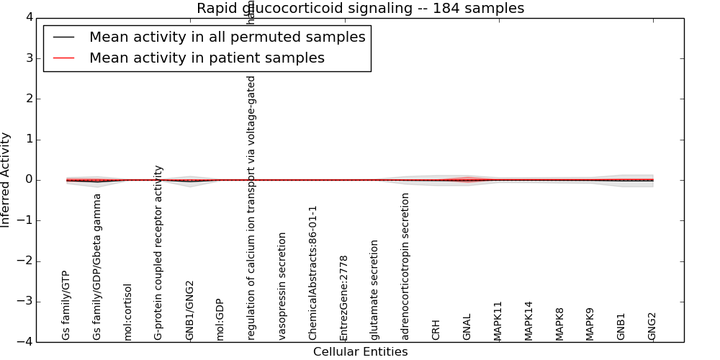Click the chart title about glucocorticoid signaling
coord(360,9)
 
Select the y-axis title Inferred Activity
coord(6,180)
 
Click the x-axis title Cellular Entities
coord(360,352)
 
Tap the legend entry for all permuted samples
coord(227,37)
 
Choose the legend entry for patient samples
coord(207,58)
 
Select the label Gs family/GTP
coord(66,305)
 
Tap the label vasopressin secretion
coord(282,286)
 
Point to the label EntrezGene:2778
coord(344,298)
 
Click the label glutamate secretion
coord(374,290)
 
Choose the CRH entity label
coord(436,330)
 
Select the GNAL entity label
coord(467,327)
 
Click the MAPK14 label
coord(528,320)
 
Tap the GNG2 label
coord(652,326)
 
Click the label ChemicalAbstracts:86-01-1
coord(313,273)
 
